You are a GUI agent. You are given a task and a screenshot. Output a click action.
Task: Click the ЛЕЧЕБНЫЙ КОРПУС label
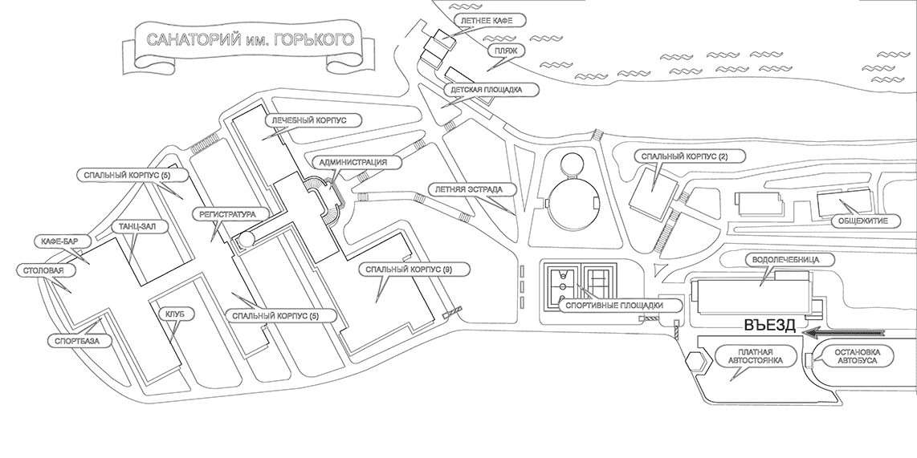[x=308, y=120]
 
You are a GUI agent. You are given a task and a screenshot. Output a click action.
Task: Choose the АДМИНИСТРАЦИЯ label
[x=353, y=162]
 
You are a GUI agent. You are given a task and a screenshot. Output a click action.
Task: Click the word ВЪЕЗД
[x=768, y=326]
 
